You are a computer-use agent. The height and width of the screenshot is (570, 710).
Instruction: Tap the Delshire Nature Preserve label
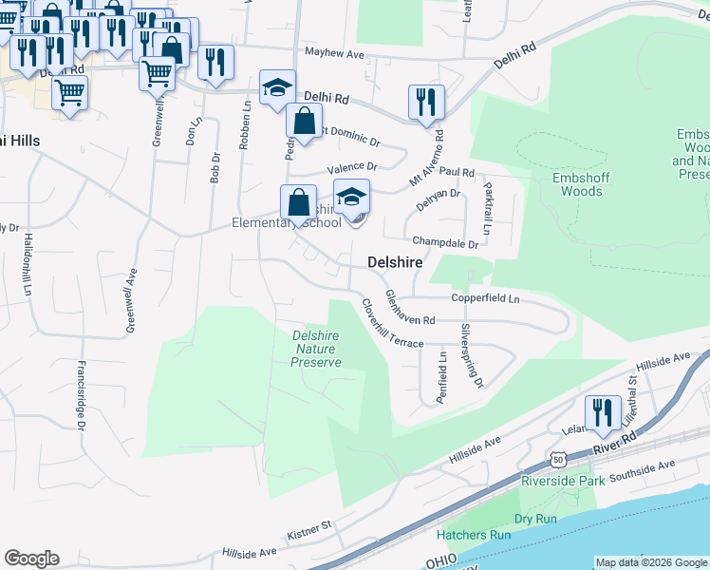315,347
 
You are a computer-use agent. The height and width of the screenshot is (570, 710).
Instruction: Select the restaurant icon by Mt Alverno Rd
426,102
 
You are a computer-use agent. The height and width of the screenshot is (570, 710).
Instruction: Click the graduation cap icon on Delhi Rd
278,87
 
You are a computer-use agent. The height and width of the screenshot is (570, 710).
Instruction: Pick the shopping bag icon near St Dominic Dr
303,122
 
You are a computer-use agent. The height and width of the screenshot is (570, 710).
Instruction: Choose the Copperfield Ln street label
485,298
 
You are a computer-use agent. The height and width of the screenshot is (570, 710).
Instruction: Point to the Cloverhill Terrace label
391,324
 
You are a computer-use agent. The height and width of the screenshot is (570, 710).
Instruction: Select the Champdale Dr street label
444,242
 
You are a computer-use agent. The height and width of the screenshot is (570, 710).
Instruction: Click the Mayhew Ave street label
334,54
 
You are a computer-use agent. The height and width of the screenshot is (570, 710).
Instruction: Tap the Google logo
32,559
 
